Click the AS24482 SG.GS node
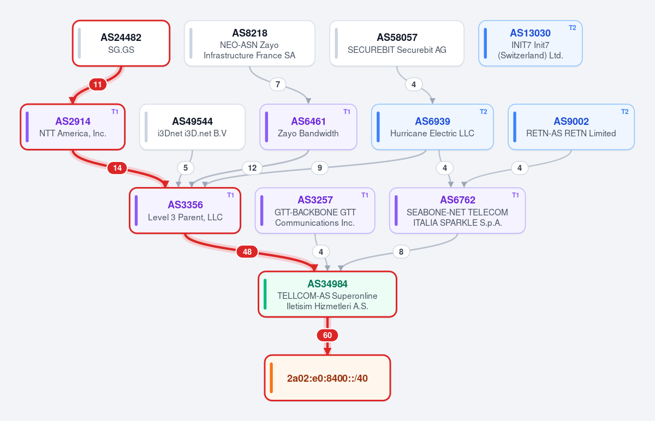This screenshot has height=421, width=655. [121, 43]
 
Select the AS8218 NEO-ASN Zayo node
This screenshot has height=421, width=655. [249, 43]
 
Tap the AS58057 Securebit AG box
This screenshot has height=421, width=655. [397, 43]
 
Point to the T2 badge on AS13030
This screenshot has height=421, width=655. [572, 28]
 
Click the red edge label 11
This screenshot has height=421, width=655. [98, 85]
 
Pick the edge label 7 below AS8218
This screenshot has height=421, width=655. [278, 85]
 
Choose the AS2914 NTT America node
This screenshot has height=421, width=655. [73, 127]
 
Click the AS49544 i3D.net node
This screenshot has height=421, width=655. [192, 127]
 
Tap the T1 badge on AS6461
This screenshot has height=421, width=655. [347, 112]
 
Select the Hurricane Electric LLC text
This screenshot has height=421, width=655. [432, 134]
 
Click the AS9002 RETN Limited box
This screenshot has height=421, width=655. [571, 127]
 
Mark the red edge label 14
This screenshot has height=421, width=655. [117, 168]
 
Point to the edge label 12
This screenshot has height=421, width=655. [252, 168]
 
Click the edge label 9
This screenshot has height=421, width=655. [320, 168]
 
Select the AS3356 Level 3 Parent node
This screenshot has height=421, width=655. [185, 211]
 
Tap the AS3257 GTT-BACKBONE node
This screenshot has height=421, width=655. [315, 211]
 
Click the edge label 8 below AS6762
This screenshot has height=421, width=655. [401, 251]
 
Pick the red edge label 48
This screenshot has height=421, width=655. [247, 251]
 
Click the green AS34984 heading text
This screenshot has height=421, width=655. [327, 284]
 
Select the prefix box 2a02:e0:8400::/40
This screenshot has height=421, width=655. [327, 378]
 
